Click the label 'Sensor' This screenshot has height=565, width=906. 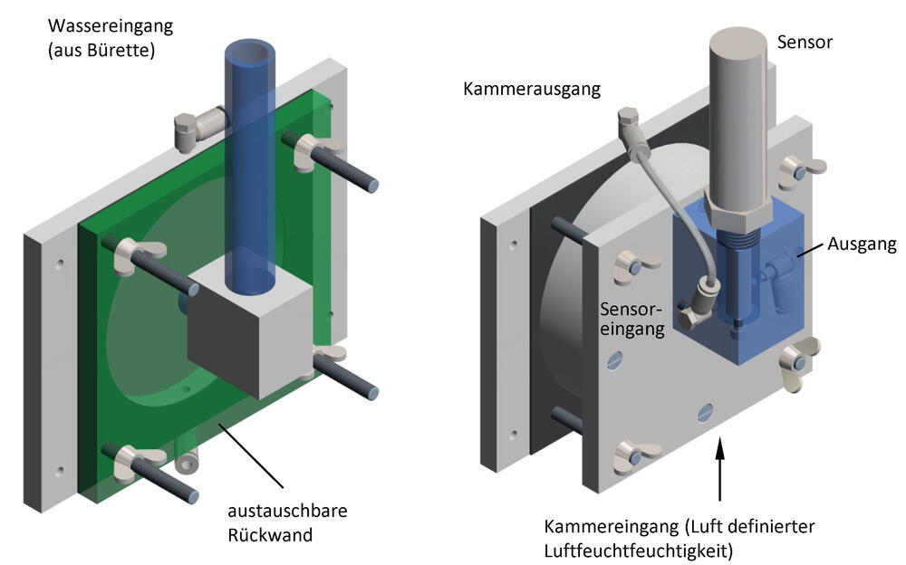click(x=805, y=42)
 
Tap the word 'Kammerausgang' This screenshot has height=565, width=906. click(x=532, y=90)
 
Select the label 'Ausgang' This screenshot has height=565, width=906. click(x=862, y=244)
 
